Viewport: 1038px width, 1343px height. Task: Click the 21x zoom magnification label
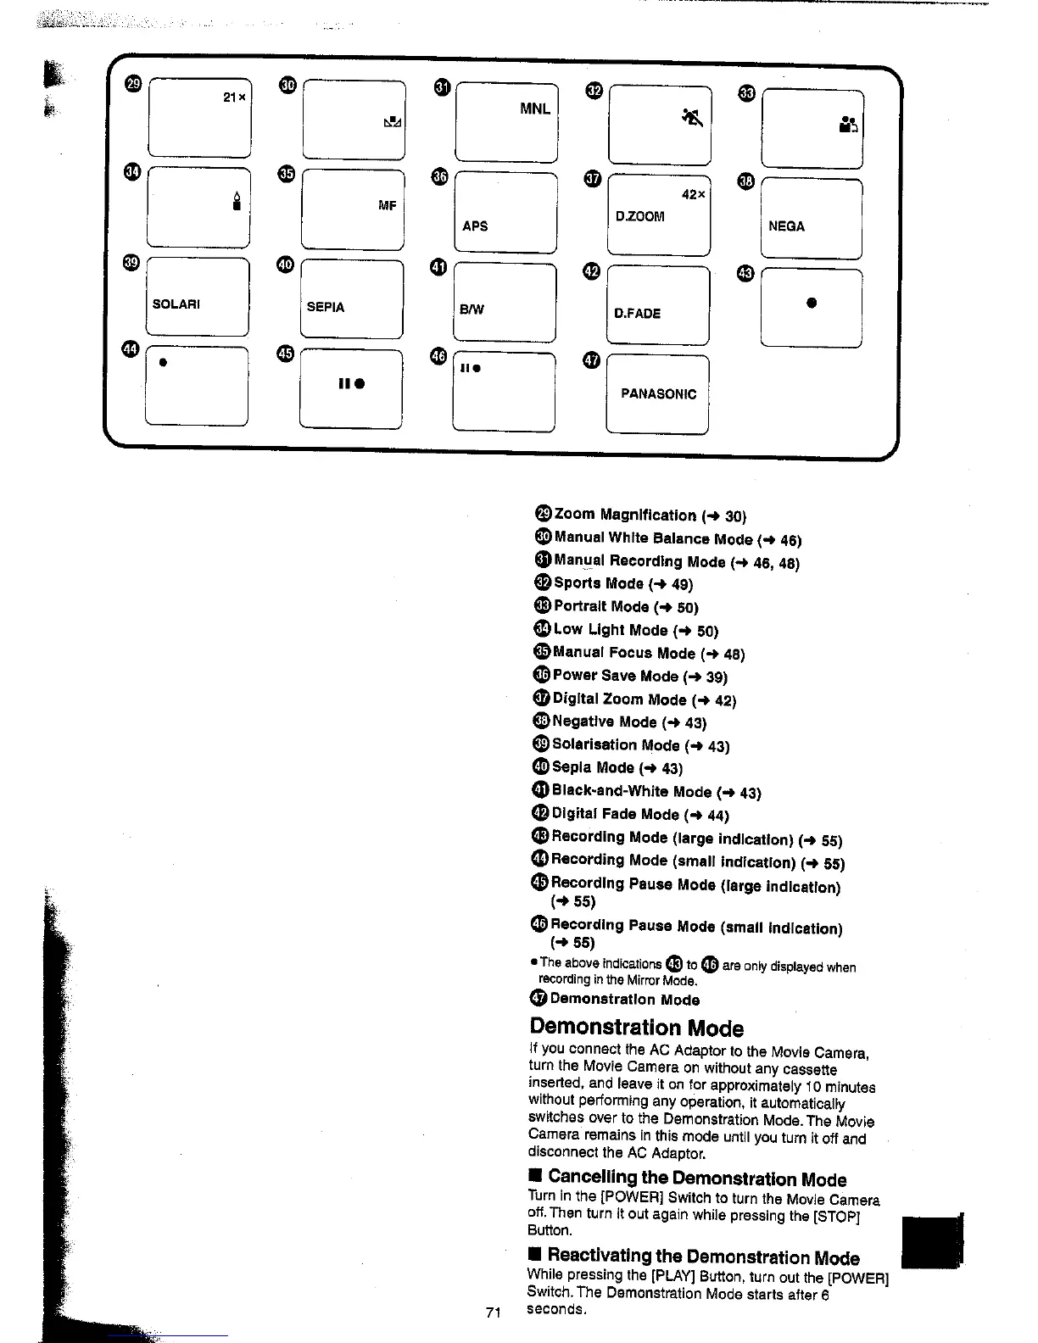coord(234,98)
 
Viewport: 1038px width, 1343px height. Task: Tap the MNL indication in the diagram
coord(535,109)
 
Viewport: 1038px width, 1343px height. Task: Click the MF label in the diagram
coord(388,206)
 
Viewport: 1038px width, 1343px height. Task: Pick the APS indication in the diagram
coord(475,226)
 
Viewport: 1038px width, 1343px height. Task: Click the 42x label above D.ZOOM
coord(694,195)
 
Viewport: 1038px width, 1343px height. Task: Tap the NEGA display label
coord(786,226)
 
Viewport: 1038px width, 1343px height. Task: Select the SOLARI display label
coord(176,304)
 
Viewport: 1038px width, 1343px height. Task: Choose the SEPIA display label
coord(326,307)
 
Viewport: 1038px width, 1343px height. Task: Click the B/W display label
coord(472,309)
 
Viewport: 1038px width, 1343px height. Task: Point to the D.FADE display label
coord(637,314)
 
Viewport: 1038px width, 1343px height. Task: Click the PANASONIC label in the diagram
coord(658,394)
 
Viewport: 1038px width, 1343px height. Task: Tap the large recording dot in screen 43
coord(812,303)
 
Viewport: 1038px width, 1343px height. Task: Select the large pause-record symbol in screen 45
coord(351,383)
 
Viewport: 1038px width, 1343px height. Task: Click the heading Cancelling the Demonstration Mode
coord(696,1179)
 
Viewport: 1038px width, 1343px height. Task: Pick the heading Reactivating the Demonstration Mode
coord(703,1257)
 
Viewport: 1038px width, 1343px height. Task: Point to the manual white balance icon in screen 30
coord(392,123)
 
